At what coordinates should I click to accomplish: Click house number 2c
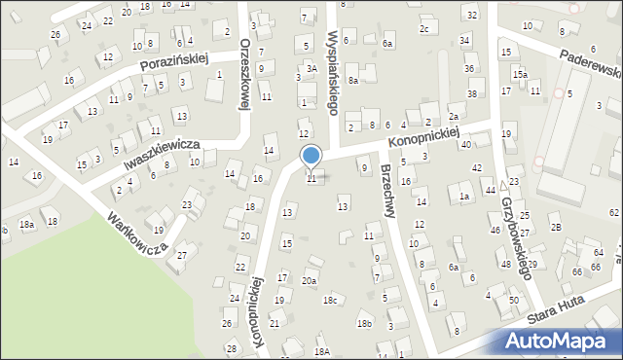click(x=423, y=29)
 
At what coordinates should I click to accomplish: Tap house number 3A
click(x=311, y=69)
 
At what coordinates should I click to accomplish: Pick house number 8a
click(x=353, y=80)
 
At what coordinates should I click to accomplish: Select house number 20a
click(x=309, y=280)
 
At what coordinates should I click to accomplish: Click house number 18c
click(x=331, y=300)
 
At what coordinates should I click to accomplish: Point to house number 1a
click(x=465, y=197)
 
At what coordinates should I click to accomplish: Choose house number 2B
click(x=555, y=227)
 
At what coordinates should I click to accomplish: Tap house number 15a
click(x=521, y=74)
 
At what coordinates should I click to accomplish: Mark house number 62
click(x=614, y=211)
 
